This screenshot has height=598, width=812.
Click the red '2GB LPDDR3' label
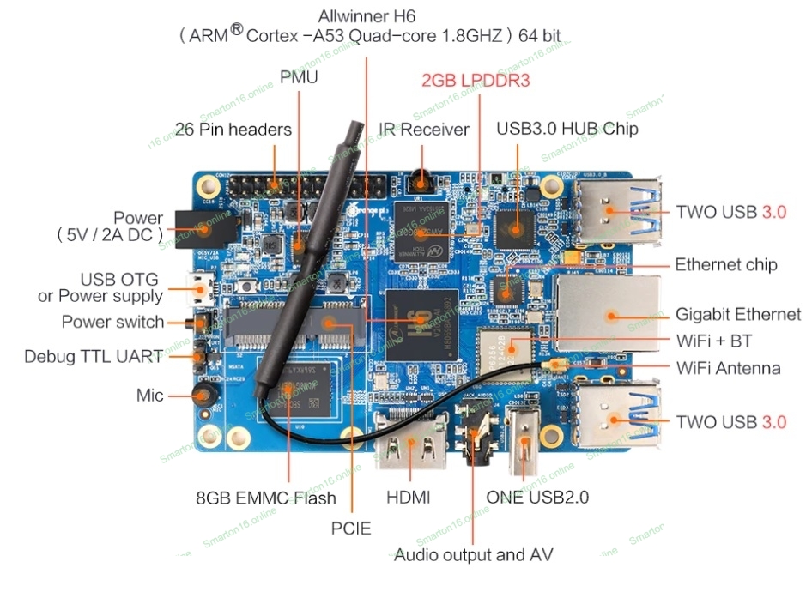pyautogui.click(x=475, y=81)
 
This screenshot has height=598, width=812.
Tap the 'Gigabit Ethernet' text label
pyautogui.click(x=737, y=314)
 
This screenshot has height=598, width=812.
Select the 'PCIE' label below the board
pyautogui.click(x=351, y=529)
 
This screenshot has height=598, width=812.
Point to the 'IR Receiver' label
pyautogui.click(x=424, y=130)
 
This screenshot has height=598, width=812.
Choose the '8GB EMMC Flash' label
pyautogui.click(x=266, y=498)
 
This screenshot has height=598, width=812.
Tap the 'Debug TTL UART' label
pyautogui.click(x=94, y=356)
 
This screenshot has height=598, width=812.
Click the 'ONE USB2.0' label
pyautogui.click(x=537, y=498)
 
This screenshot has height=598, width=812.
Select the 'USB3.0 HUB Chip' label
pyautogui.click(x=567, y=130)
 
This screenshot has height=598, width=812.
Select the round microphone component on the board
pyautogui.click(x=203, y=395)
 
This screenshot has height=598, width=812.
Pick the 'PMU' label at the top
pyautogui.click(x=299, y=77)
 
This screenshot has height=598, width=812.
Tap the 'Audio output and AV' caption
pyautogui.click(x=473, y=554)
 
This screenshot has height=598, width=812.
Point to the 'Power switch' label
pyautogui.click(x=112, y=323)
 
